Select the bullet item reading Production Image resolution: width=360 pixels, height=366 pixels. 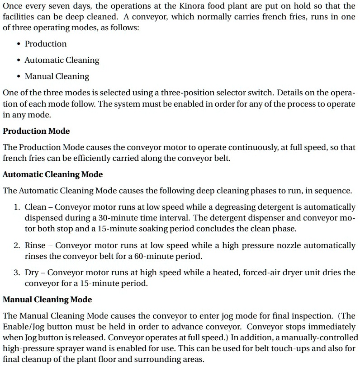coord(46,44)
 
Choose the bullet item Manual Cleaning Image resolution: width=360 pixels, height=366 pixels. coord(57,76)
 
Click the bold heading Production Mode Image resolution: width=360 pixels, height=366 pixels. coord(36,131)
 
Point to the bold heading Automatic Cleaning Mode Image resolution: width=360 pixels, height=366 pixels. coord(53,174)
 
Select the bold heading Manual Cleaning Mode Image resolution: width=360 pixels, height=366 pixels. coord(47,300)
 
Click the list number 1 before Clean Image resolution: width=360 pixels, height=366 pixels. coord(16,207)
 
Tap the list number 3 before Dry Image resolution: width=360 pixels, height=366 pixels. coord(16,272)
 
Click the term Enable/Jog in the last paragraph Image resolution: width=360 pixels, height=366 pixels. coord(23,327)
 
